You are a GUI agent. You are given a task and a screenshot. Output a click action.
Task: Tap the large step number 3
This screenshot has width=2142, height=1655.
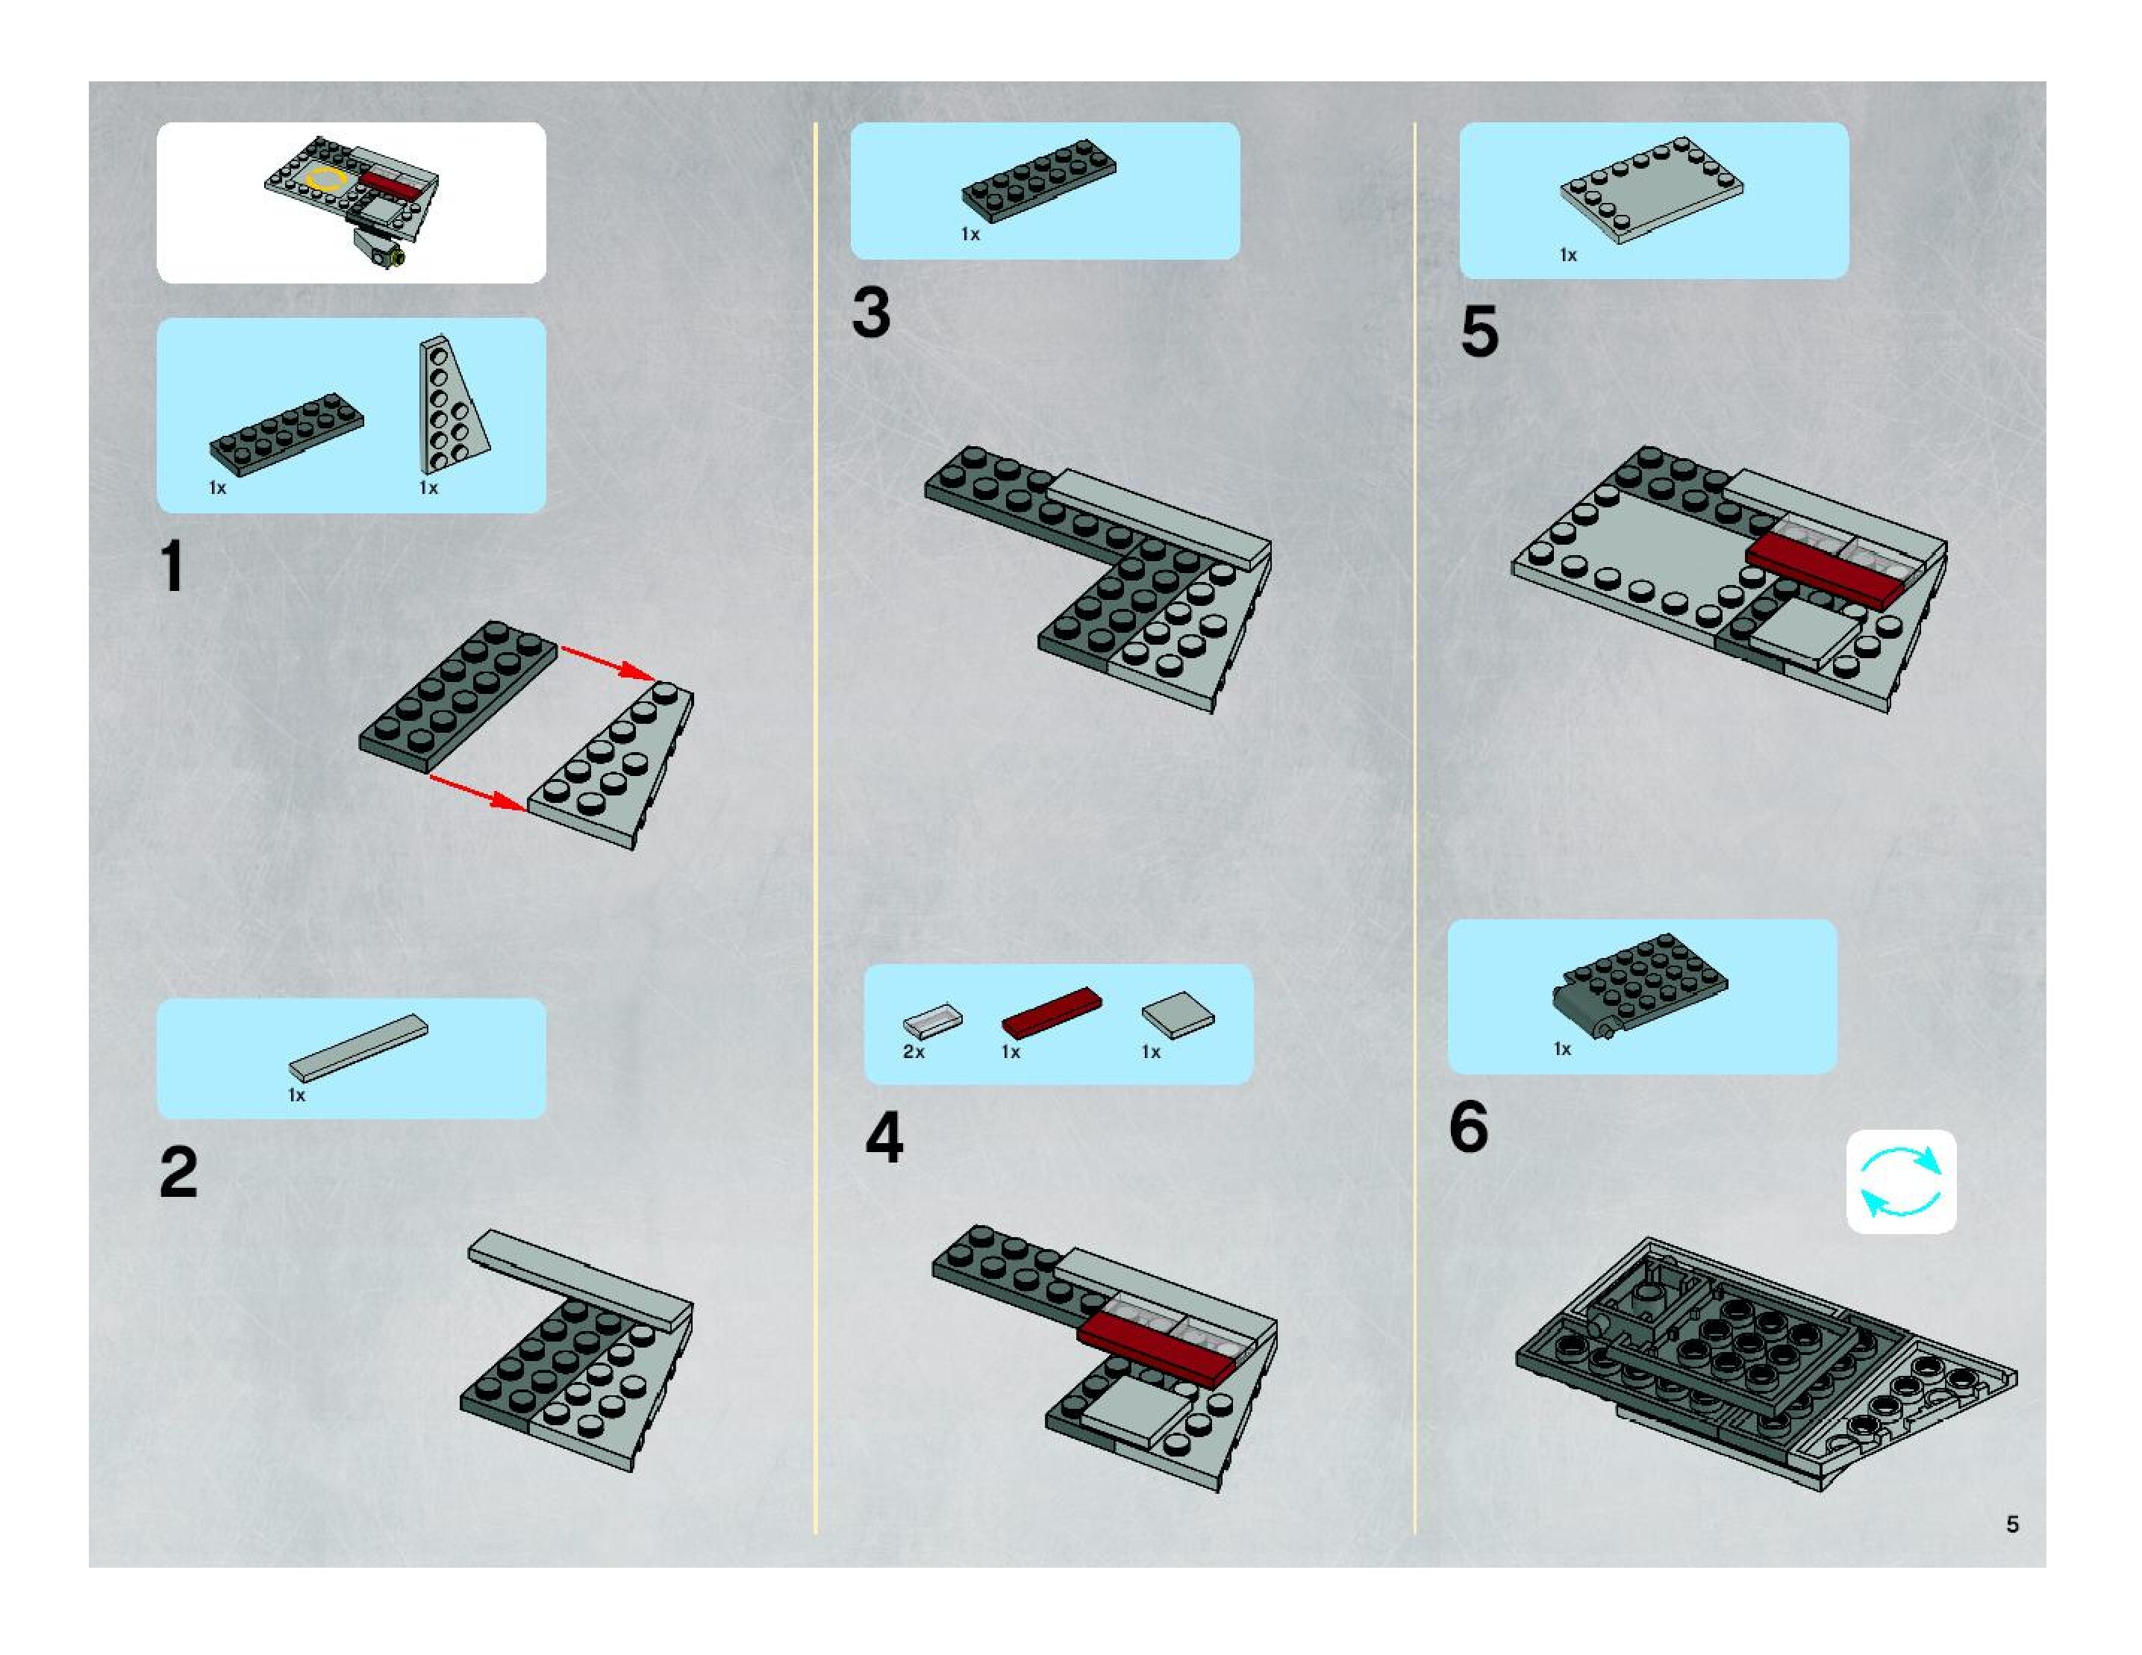[871, 313]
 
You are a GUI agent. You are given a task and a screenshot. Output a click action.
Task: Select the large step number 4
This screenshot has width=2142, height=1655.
[884, 1139]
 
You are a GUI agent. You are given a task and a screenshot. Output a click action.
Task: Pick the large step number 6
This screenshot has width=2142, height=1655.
[1468, 1127]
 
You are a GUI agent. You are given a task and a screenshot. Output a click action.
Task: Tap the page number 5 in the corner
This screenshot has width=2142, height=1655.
[2011, 1524]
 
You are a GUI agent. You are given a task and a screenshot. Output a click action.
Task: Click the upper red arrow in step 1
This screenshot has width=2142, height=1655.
[608, 664]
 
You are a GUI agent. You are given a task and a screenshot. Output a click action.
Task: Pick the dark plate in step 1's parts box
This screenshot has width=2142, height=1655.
[287, 434]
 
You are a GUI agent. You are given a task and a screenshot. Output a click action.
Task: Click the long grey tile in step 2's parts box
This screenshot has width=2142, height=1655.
[358, 1048]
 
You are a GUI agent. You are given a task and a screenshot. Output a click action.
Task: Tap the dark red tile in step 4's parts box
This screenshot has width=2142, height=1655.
[1052, 1012]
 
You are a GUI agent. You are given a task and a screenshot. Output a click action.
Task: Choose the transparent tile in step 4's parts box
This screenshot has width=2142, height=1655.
[933, 1020]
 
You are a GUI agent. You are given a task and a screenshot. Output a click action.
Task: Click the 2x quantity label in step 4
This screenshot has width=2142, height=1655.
[913, 1051]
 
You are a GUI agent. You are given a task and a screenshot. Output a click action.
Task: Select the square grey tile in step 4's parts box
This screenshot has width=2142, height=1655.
[1178, 1015]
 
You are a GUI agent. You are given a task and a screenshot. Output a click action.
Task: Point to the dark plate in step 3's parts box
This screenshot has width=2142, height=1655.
[1039, 181]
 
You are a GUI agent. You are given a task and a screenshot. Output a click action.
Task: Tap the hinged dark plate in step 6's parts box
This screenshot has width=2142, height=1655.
[1640, 983]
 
